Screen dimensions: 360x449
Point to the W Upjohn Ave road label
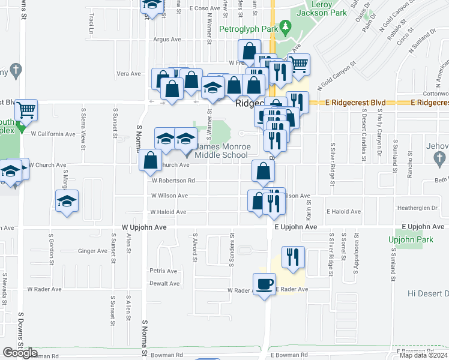pyautogui.click(x=143, y=227)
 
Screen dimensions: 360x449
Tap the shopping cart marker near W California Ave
pyautogui.click(x=26, y=110)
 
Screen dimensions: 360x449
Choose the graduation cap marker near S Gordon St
pyautogui.click(x=67, y=200)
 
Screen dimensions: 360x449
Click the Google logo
pyautogui.click(x=20, y=353)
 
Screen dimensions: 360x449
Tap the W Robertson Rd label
pyautogui.click(x=173, y=180)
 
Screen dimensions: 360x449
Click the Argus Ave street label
pyautogui.click(x=167, y=40)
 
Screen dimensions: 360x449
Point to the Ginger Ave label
pyautogui.click(x=92, y=251)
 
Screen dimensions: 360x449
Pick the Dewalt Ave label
pyautogui.click(x=164, y=283)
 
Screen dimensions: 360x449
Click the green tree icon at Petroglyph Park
pyautogui.click(x=286, y=26)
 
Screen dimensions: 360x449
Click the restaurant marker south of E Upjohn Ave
pyautogui.click(x=293, y=256)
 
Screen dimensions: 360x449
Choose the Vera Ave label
pyautogui.click(x=128, y=74)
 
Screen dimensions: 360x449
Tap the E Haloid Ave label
pyautogui.click(x=343, y=212)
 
